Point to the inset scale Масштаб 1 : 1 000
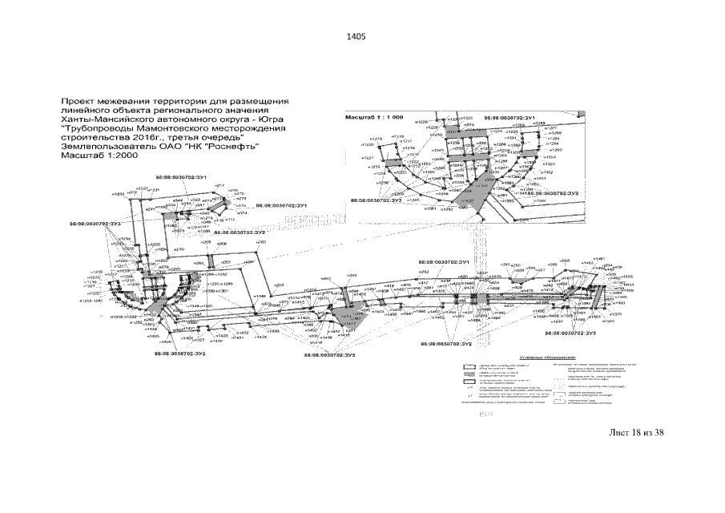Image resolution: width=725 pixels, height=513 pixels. pos(373,116)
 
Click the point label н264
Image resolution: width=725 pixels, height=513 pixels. pos(280,285)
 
